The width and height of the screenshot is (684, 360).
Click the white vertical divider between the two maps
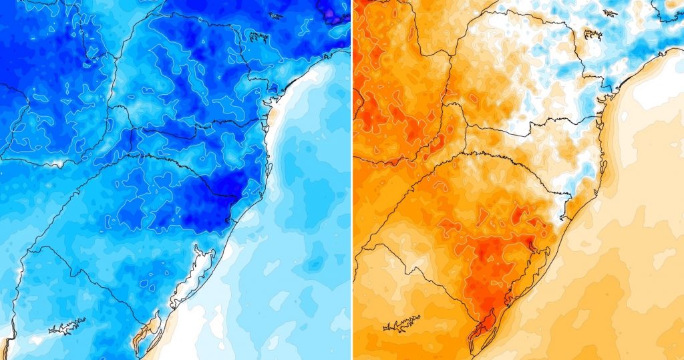click(x=351, y=180)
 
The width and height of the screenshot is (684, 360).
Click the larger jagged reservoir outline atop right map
click(x=593, y=35)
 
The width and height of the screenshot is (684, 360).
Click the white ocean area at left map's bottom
click(x=194, y=334)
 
